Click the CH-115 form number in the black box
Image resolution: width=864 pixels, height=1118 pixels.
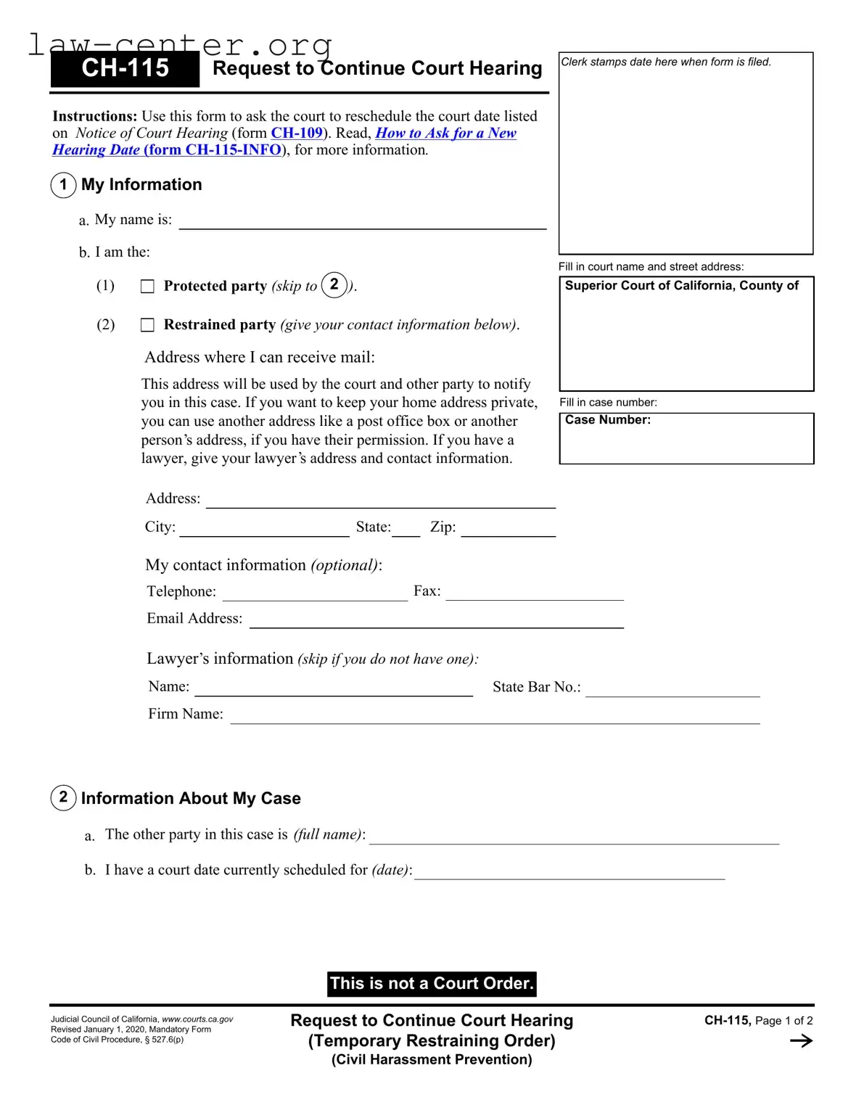point(125,68)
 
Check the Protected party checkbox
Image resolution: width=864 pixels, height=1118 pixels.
point(147,287)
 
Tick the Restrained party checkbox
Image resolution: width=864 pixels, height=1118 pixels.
point(147,325)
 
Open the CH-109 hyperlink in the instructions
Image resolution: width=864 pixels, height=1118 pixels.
point(297,133)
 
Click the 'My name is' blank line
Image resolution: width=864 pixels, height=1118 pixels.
point(362,222)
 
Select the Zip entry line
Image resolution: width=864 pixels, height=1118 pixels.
point(508,530)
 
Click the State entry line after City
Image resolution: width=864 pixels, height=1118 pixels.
point(406,530)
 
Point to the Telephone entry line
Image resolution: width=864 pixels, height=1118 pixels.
point(315,593)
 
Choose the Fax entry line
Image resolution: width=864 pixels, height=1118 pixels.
point(534,593)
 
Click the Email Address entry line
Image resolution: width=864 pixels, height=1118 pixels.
point(436,620)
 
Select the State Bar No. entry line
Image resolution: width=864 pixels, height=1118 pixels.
point(672,689)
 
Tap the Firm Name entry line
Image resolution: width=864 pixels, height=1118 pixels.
point(495,717)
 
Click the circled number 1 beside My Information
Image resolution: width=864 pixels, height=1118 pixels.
point(64,185)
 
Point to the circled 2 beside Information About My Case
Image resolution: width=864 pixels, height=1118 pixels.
point(64,798)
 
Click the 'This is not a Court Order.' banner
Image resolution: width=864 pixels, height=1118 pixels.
point(432,984)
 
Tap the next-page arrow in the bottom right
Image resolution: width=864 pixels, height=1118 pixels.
point(801,1041)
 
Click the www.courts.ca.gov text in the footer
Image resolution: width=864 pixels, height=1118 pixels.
point(197,1019)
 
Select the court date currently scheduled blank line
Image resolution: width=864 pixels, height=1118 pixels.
point(569,872)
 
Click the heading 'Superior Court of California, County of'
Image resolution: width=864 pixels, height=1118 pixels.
point(681,286)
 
